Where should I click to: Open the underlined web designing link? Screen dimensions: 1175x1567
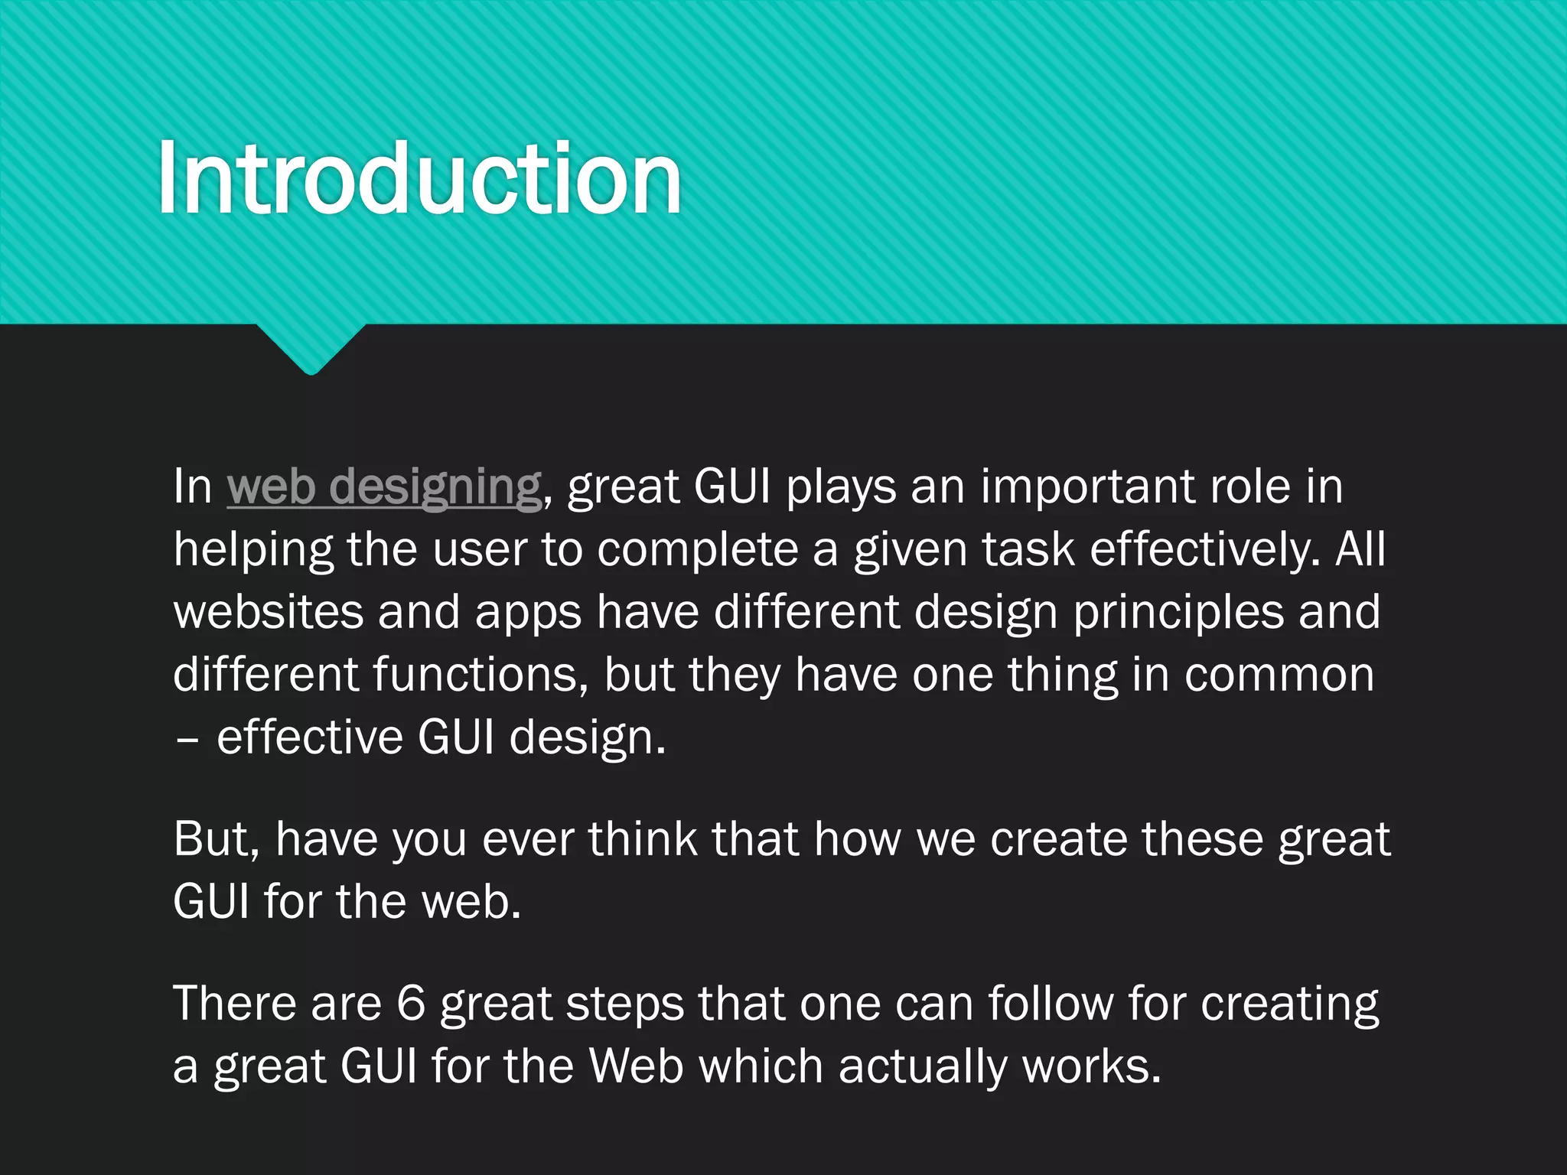[x=384, y=487]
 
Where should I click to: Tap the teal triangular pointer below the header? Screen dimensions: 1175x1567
[x=311, y=348]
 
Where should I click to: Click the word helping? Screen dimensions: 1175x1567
[x=253, y=549]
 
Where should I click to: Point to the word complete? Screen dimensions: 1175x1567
[x=698, y=549]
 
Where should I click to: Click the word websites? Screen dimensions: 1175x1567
[x=268, y=612]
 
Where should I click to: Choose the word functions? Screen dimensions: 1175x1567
[x=480, y=675]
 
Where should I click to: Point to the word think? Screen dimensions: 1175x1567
[x=643, y=838]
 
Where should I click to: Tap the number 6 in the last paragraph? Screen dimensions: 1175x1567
[x=411, y=1004]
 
